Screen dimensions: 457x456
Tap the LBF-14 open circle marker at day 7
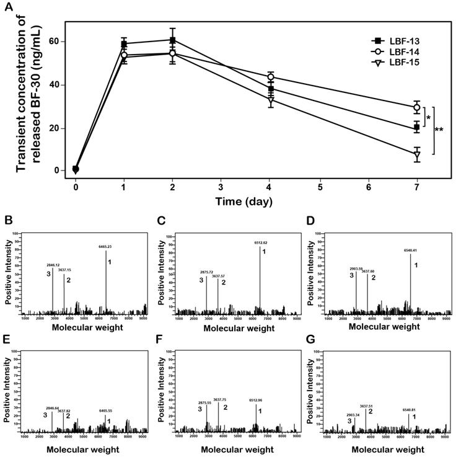(x=417, y=107)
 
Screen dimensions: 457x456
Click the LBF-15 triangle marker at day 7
(x=417, y=154)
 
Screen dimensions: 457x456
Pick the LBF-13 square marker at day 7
(x=417, y=128)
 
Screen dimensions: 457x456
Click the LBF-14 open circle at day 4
(x=271, y=77)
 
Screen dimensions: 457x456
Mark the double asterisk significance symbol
(x=439, y=130)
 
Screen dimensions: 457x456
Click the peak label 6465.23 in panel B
(x=107, y=247)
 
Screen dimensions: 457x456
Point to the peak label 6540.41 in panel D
(x=411, y=251)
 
